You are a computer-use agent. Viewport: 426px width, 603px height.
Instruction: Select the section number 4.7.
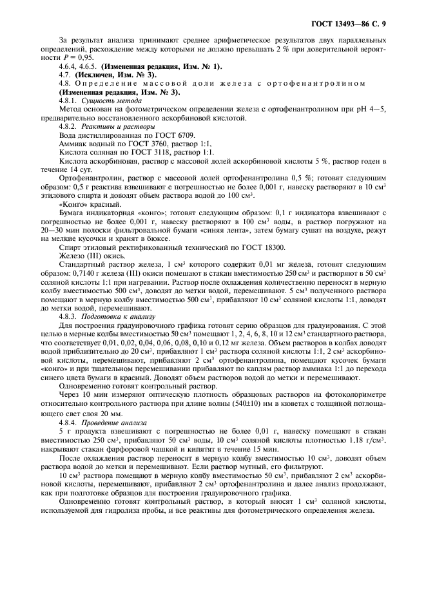(x=66, y=75)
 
